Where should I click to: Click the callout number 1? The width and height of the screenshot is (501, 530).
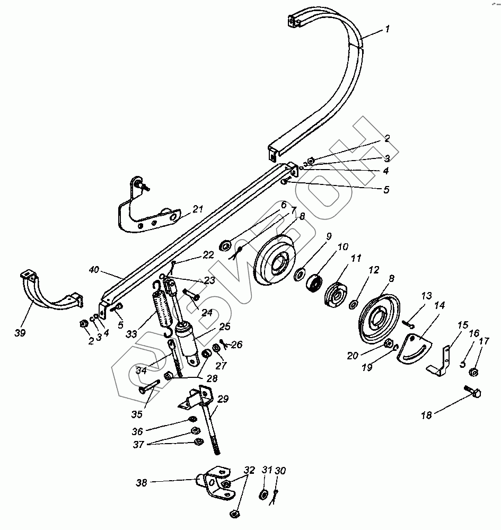tap(388, 29)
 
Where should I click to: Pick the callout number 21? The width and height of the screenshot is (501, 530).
tap(198, 209)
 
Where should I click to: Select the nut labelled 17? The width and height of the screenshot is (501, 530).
tap(475, 372)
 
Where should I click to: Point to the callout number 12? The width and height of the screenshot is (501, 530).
tap(374, 270)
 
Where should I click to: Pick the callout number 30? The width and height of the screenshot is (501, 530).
tap(281, 471)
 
